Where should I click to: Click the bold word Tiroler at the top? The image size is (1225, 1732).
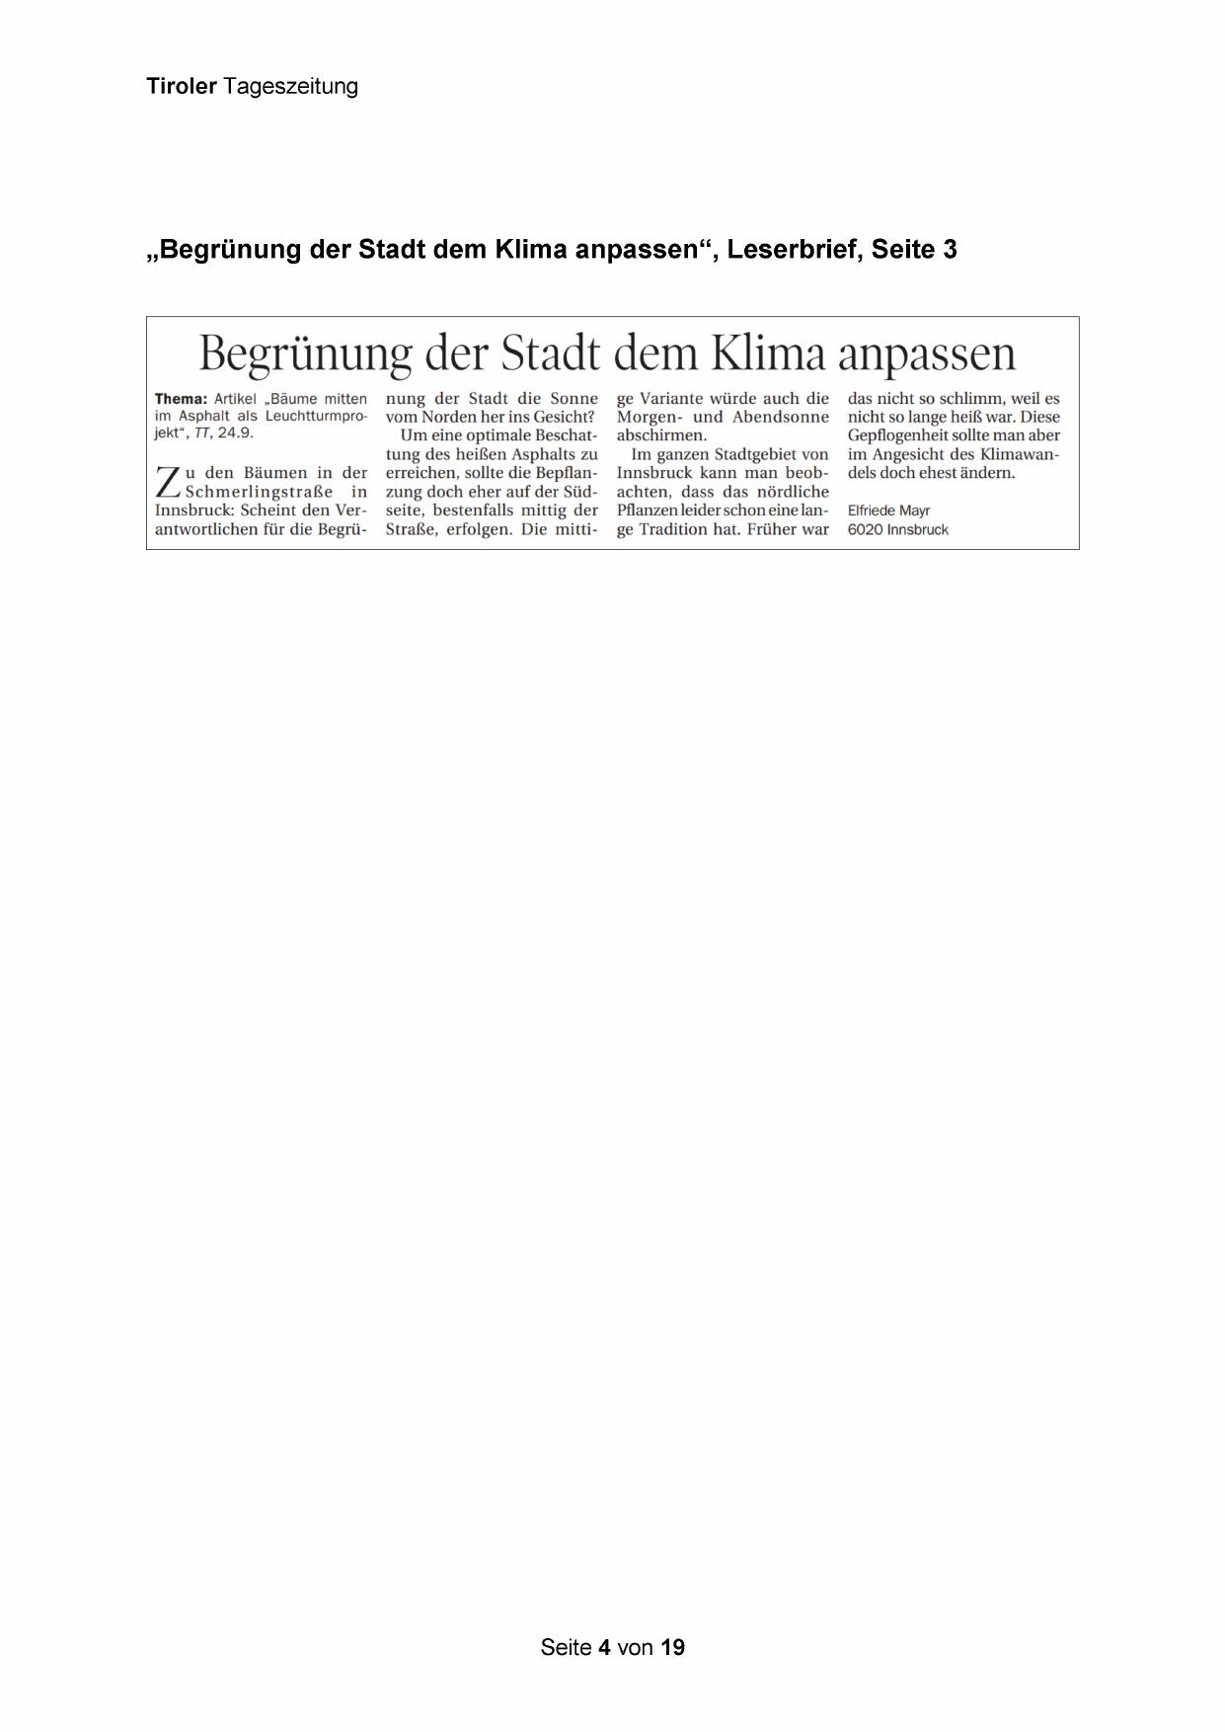coord(182,87)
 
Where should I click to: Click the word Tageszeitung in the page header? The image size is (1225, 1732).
coord(290,87)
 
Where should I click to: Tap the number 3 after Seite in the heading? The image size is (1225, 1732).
coord(950,250)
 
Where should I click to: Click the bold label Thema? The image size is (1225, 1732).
coord(181,399)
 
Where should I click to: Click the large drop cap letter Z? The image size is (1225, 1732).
coord(168,483)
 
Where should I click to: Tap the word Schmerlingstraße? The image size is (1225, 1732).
coord(259,492)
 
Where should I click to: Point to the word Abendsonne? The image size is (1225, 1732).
coord(780,418)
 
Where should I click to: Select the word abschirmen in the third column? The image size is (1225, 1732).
coord(660,435)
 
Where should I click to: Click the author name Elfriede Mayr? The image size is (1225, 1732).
coord(888,512)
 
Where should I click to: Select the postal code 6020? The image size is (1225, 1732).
coord(865,530)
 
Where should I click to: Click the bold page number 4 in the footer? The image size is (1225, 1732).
coord(604,1647)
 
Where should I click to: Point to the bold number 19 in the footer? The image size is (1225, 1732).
coord(673,1647)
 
